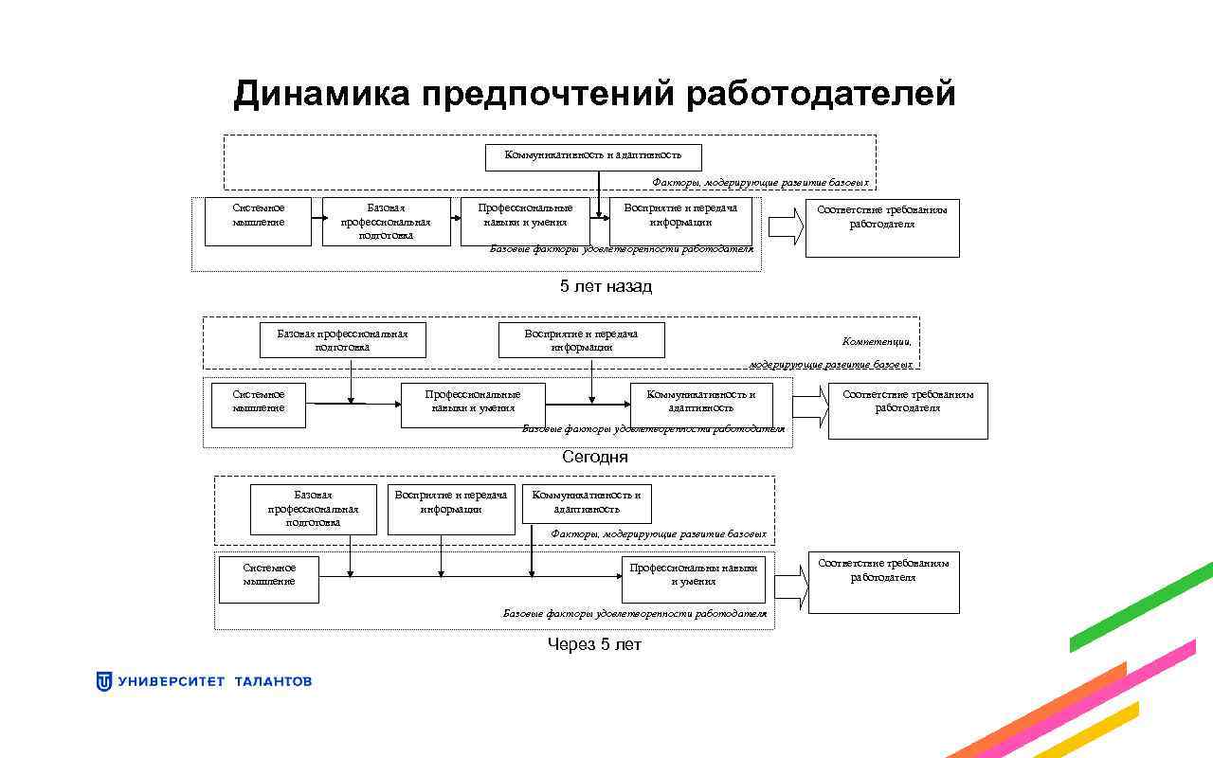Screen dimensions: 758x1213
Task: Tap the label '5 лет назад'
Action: tap(606, 286)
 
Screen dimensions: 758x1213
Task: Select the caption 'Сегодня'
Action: tap(594, 457)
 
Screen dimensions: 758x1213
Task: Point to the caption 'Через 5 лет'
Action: tap(594, 644)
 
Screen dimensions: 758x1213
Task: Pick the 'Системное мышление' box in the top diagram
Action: tap(258, 221)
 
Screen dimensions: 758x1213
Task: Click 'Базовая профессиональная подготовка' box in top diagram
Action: tap(386, 221)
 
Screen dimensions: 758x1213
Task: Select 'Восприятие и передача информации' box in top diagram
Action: tap(680, 220)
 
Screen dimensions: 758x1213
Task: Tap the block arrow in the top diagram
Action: tap(786, 227)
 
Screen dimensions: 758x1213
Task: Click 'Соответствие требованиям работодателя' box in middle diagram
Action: tap(907, 409)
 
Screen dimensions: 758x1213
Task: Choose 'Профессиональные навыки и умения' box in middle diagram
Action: tap(472, 405)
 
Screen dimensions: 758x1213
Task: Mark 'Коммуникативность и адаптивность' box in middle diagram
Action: tap(701, 404)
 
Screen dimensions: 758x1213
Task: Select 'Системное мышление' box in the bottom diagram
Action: tap(268, 579)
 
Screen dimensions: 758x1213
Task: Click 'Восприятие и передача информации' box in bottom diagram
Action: tap(451, 509)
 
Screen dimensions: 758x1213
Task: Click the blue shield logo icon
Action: tap(104, 681)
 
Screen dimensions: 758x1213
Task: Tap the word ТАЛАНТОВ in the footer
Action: tap(272, 681)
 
